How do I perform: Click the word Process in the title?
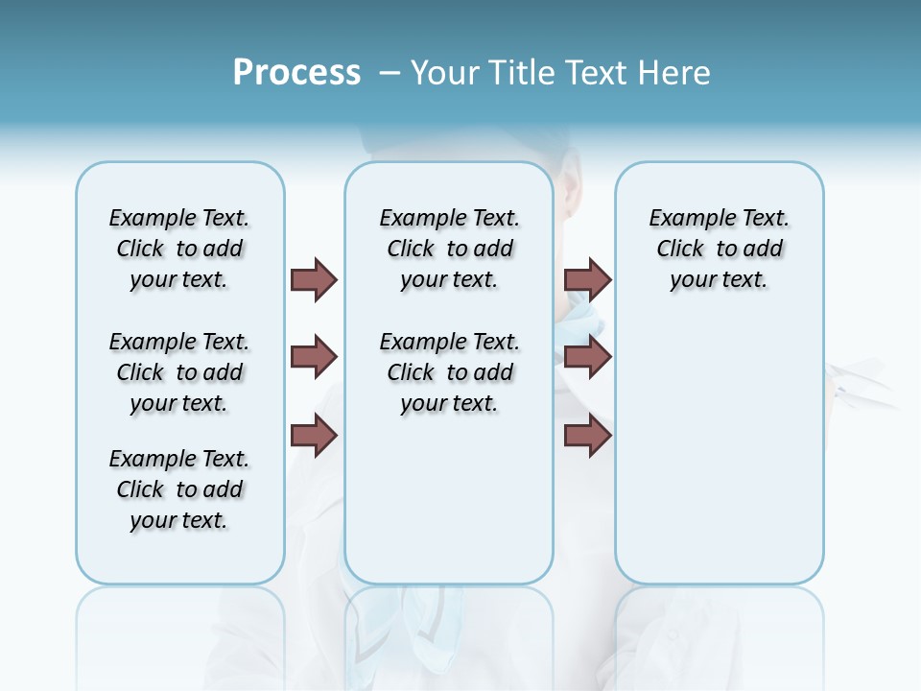pyautogui.click(x=296, y=72)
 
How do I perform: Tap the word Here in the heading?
pyautogui.click(x=675, y=73)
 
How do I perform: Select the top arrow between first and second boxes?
pyautogui.click(x=314, y=279)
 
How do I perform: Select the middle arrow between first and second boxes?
pyautogui.click(x=314, y=357)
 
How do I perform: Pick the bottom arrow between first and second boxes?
pyautogui.click(x=314, y=436)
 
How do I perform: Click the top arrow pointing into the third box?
pyautogui.click(x=587, y=279)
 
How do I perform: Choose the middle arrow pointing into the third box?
pyautogui.click(x=587, y=357)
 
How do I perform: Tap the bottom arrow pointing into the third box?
pyautogui.click(x=587, y=436)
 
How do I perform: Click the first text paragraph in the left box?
pyautogui.click(x=179, y=249)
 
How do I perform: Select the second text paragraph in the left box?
pyautogui.click(x=179, y=372)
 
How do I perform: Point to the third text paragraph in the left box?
pyautogui.click(x=179, y=489)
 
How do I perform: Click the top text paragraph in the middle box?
pyautogui.click(x=449, y=249)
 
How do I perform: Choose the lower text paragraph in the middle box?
pyautogui.click(x=449, y=372)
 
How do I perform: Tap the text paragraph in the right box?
pyautogui.click(x=719, y=249)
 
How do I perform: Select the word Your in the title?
pyautogui.click(x=443, y=73)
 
